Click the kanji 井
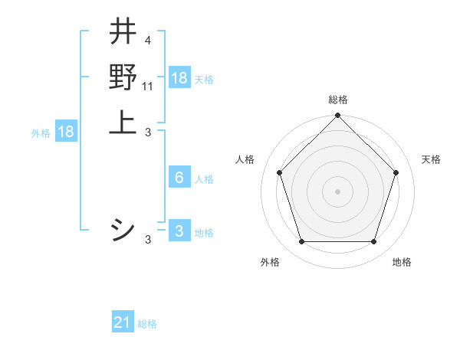coord(123,33)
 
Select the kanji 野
coord(123,77)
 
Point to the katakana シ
coord(123,230)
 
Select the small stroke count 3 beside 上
coord(148,132)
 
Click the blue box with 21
coord(123,322)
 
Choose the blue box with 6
coord(179,178)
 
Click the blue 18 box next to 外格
coord(66,132)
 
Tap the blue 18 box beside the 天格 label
coord(179,77)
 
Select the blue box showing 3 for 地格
coord(179,231)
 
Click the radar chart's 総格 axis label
coord(337,100)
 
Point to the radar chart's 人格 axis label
coord(245,159)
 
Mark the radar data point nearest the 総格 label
coord(337,116)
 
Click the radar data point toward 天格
coord(396,172)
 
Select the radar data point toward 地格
coord(373,241)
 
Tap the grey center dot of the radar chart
coord(337,191)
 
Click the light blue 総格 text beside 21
coord(147,324)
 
